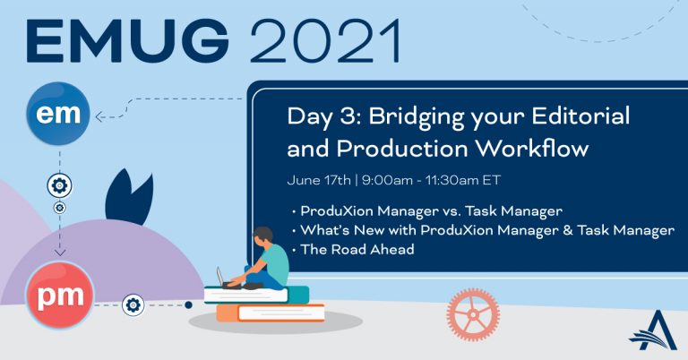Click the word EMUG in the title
point(127,41)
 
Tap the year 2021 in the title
point(325,41)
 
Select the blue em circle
point(58,114)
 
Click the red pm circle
point(60,296)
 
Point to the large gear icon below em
point(60,185)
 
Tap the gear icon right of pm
point(133,304)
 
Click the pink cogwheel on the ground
point(473,314)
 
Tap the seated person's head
point(263,238)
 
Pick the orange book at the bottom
point(271,313)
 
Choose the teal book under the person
point(257,295)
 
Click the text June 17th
point(319,180)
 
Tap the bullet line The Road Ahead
point(357,250)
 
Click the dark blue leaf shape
point(129,196)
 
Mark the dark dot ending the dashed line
point(188,304)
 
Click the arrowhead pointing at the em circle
point(99,117)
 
